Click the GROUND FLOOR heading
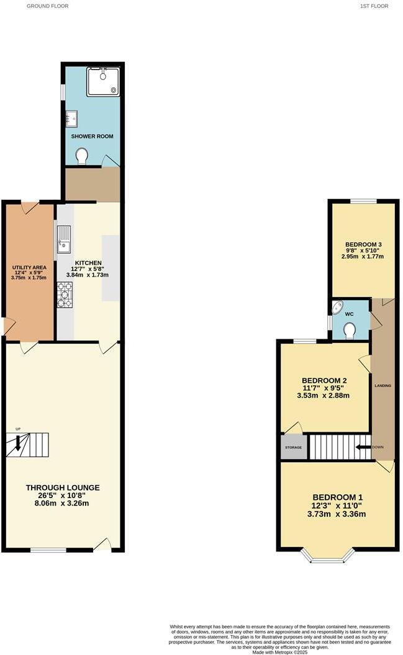pos(47,6)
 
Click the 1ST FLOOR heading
pos(374,6)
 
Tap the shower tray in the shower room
pos(102,81)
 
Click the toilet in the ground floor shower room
pos(81,155)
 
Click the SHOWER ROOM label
pos(91,136)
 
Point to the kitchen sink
pos(64,239)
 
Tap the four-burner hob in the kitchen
pos(65,295)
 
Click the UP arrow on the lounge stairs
pos(18,442)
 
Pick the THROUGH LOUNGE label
pos(63,487)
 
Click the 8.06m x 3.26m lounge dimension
pos(63,503)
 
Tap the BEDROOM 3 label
pos(362,244)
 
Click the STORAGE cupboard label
pos(293,447)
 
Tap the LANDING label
pos(383,386)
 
